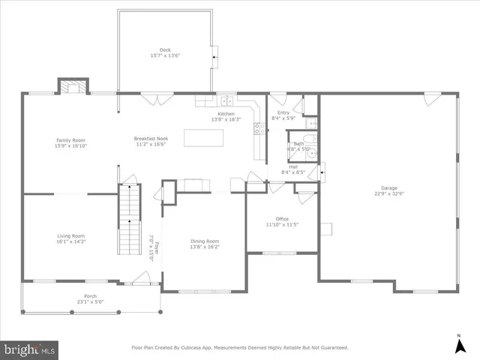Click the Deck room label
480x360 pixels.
click(x=165, y=50)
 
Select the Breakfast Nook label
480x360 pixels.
click(x=151, y=139)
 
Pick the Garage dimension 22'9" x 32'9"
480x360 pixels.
click(x=388, y=193)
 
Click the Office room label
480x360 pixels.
click(x=282, y=219)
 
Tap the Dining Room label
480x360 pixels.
click(x=205, y=241)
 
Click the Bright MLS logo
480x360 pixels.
click(x=30, y=349)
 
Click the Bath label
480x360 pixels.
click(x=298, y=143)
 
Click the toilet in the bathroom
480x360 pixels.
click(x=313, y=156)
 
